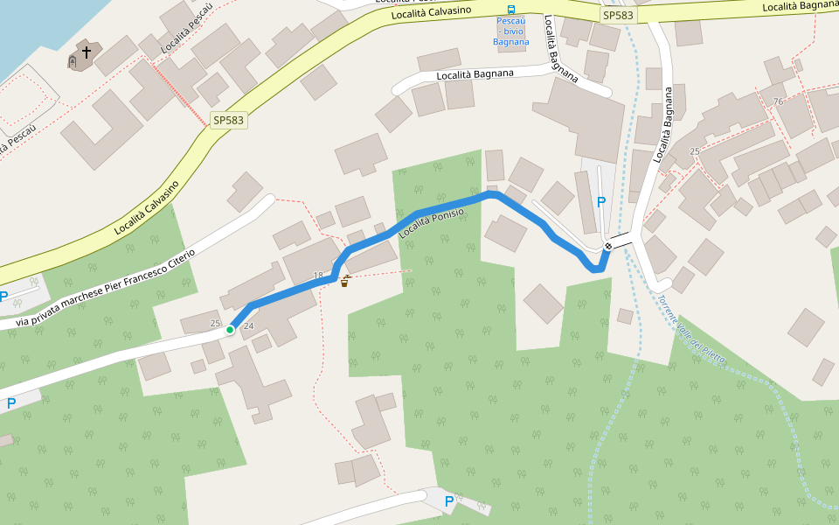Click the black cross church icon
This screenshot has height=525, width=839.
87,52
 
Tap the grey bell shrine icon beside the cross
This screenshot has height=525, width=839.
73,62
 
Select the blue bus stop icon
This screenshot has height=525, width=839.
511,10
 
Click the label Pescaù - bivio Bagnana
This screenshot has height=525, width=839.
511,31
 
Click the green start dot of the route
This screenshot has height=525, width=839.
230,330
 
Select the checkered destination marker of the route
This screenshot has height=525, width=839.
607,247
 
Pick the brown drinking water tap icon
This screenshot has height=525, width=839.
346,281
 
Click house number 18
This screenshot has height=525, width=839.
318,276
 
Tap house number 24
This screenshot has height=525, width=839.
248,326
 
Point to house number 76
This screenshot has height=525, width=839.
778,101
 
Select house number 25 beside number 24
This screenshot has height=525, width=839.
216,324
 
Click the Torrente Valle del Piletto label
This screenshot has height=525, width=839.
692,333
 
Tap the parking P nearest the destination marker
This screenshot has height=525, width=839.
601,202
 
